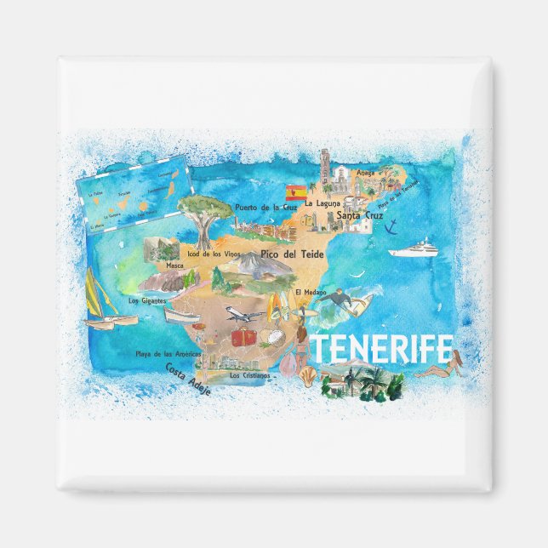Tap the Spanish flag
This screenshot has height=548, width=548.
pos(296,192)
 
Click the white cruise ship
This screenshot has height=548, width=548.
pos(414,250)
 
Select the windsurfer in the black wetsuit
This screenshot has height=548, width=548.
pos(341,299)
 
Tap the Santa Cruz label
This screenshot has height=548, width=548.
pos(357,215)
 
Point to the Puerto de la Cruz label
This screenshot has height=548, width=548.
pos(265,207)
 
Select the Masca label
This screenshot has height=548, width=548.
pos(175,265)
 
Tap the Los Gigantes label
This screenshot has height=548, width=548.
pos(146,300)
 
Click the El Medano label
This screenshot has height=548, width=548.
pos(310,292)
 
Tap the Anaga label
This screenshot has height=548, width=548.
pos(365,173)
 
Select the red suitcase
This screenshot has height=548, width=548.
pos(244,337)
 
